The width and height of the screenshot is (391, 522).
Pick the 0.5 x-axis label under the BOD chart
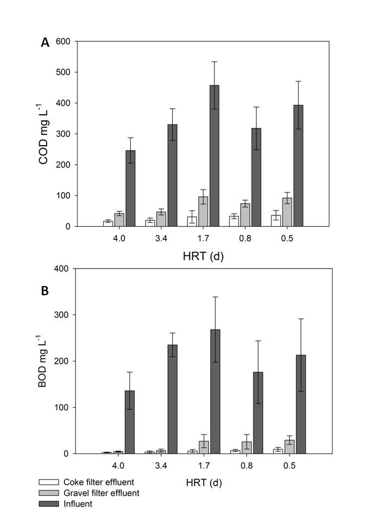tap(288, 465)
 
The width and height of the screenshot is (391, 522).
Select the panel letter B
tap(46, 291)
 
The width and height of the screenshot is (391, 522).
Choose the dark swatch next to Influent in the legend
tap(48, 504)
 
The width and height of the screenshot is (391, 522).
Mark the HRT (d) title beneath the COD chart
tap(203, 256)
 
